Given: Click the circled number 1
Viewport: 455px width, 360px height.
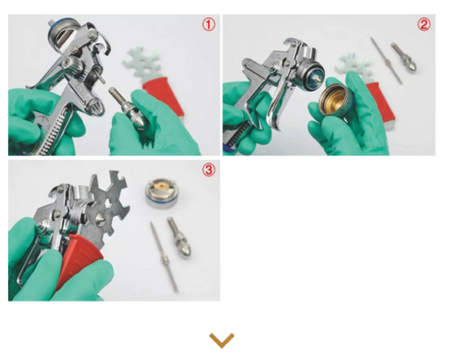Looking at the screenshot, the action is pyautogui.click(x=209, y=24).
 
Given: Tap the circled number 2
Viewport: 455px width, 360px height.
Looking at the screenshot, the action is pyautogui.click(x=424, y=24).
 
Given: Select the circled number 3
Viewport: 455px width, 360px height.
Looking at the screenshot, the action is pyautogui.click(x=209, y=170).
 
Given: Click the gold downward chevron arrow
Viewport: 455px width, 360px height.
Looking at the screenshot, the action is pyautogui.click(x=222, y=340).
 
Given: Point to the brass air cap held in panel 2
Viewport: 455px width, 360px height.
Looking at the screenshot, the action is pyautogui.click(x=335, y=101).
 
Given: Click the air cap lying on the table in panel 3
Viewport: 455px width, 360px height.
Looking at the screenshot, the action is pyautogui.click(x=162, y=193).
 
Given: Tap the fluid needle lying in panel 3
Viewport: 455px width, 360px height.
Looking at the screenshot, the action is pyautogui.click(x=164, y=257).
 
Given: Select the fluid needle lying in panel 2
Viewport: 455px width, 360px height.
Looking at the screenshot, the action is pyautogui.click(x=386, y=60).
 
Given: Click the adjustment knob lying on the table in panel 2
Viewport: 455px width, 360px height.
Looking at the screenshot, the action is pyautogui.click(x=404, y=58).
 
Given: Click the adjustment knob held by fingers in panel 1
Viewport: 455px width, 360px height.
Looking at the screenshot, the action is pyautogui.click(x=128, y=108).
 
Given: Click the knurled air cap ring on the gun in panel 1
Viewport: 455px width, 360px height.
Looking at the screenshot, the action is pyautogui.click(x=60, y=34).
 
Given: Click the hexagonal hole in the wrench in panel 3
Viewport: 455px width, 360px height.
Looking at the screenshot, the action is pyautogui.click(x=110, y=203).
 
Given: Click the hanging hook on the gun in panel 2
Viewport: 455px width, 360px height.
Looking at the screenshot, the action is pyautogui.click(x=291, y=44).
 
